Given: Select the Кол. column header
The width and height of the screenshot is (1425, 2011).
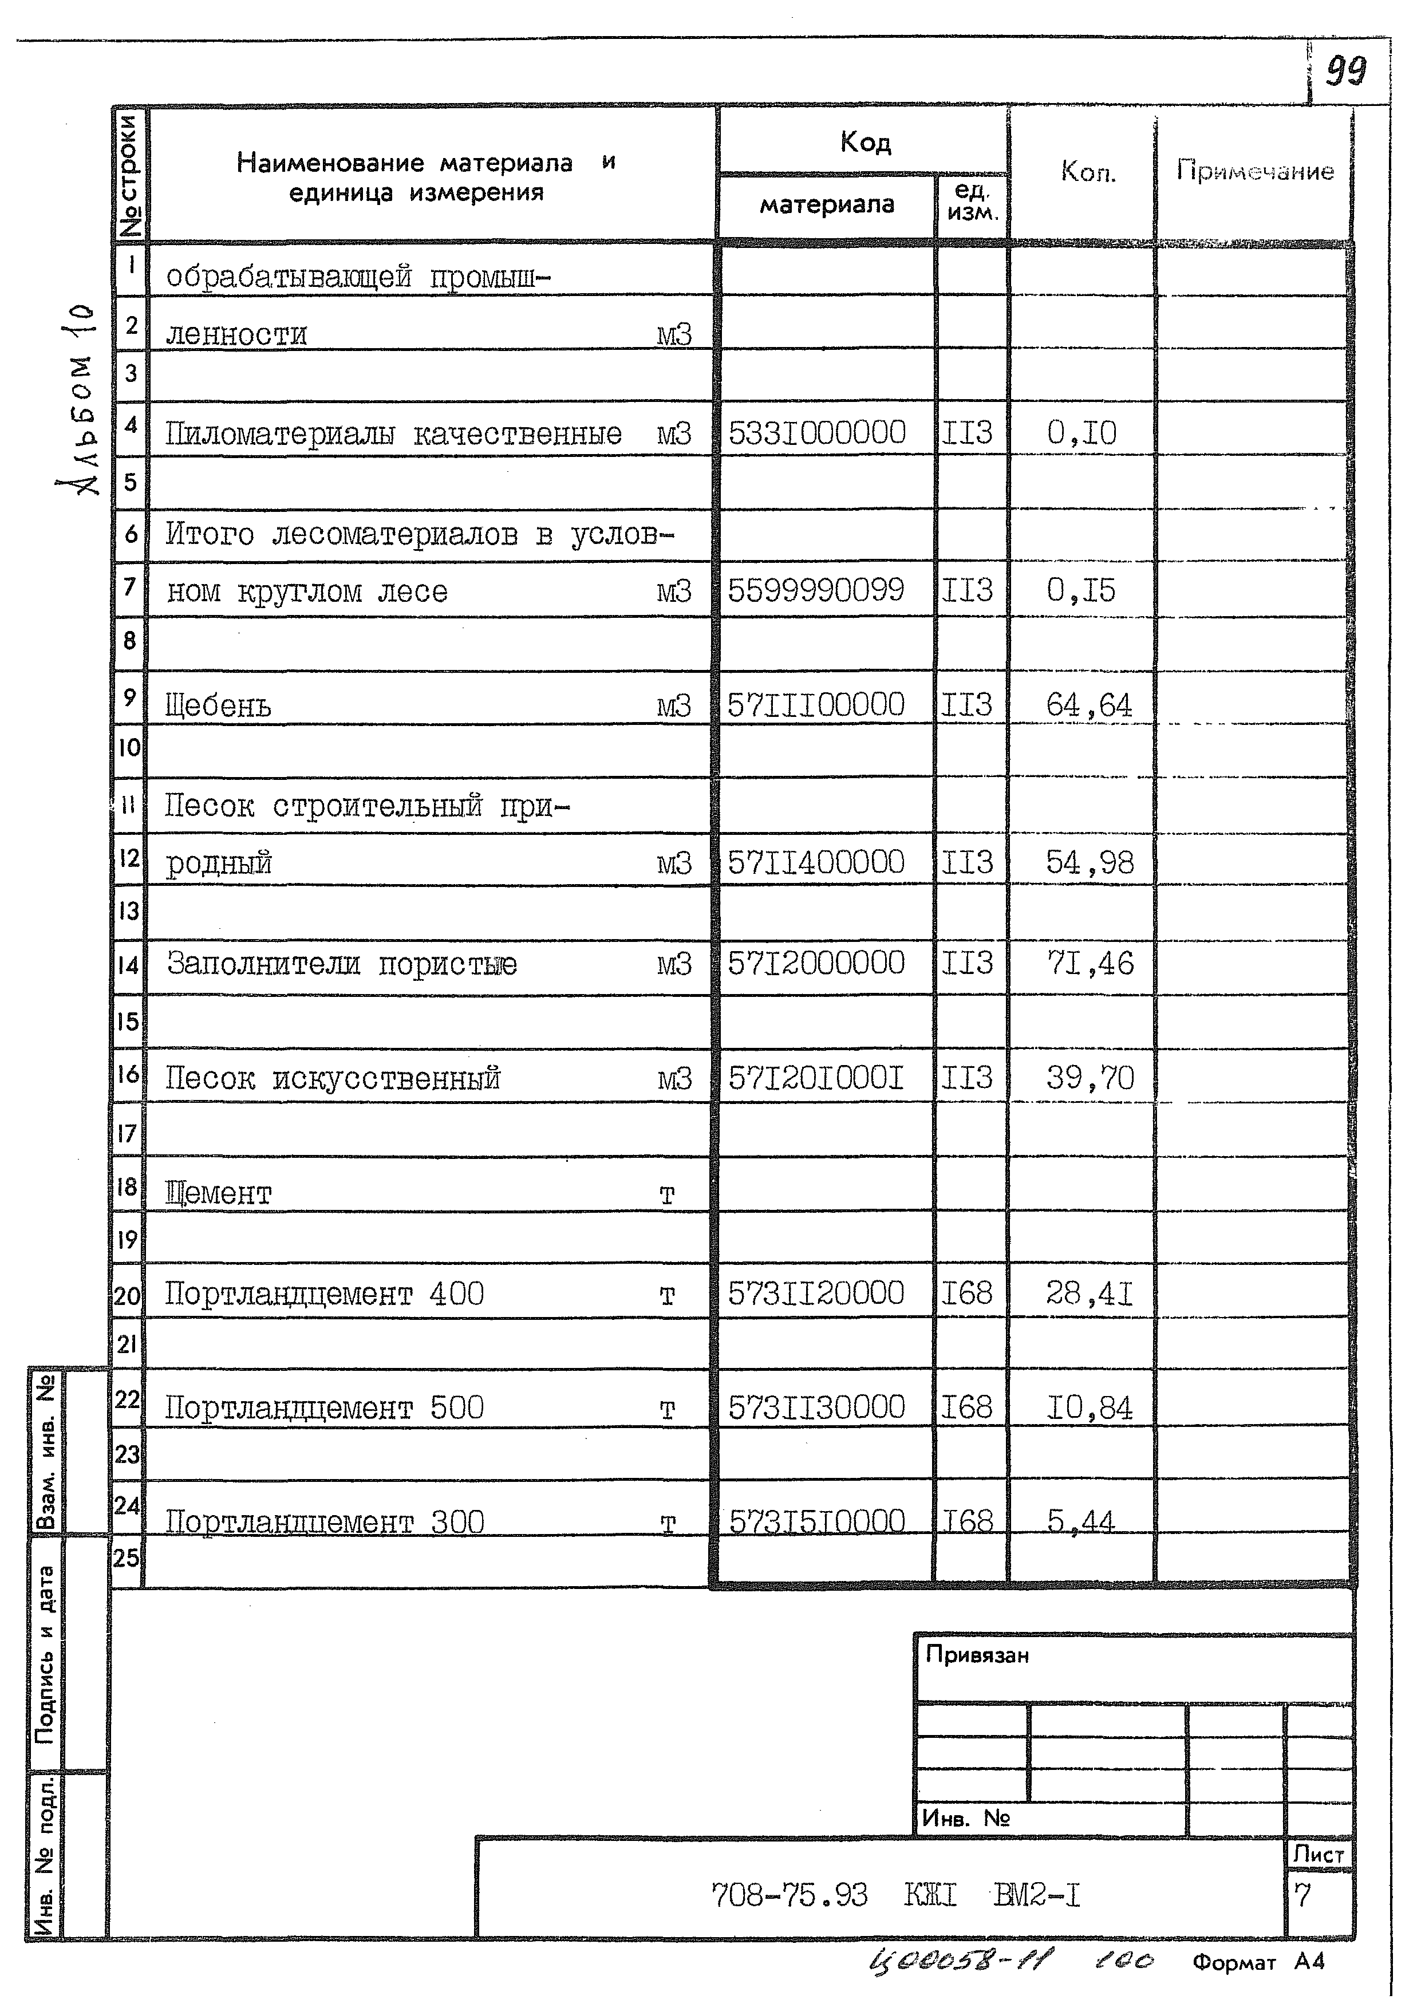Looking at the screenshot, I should [x=1088, y=171].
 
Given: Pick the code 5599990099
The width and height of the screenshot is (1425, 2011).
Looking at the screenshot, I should [x=816, y=590].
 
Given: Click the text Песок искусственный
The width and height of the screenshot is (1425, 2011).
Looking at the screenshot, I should [x=333, y=1078].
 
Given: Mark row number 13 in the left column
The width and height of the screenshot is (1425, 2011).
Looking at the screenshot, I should [x=128, y=911].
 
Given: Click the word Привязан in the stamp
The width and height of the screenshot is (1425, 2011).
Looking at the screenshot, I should [x=977, y=1655].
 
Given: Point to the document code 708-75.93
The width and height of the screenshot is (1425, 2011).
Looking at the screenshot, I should [x=789, y=1896].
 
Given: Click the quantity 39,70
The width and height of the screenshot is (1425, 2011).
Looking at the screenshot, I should [x=1090, y=1078].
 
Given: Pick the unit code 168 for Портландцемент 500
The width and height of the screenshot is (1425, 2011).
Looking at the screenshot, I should [x=967, y=1408].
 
